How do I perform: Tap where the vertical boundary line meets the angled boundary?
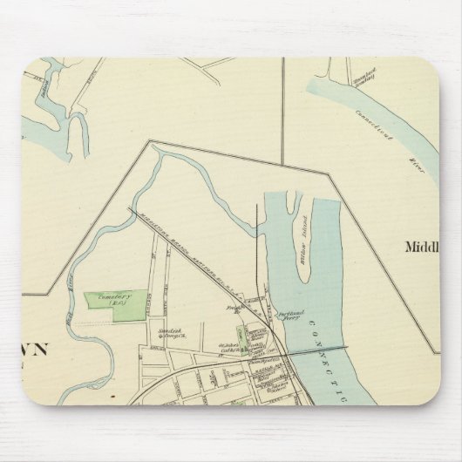(x=282, y=166)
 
